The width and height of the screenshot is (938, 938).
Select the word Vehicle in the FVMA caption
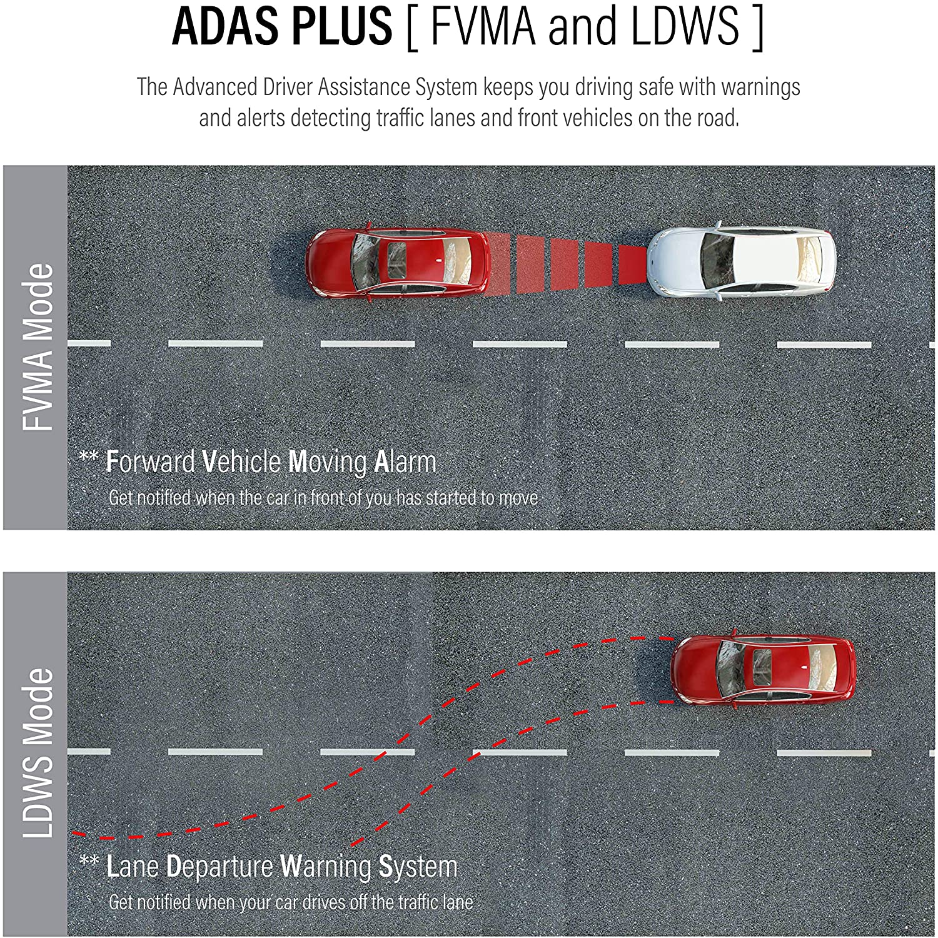pyautogui.click(x=241, y=462)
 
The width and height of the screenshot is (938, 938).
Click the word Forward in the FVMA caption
pyautogui.click(x=151, y=462)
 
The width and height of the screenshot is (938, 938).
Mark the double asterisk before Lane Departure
pyautogui.click(x=89, y=861)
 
